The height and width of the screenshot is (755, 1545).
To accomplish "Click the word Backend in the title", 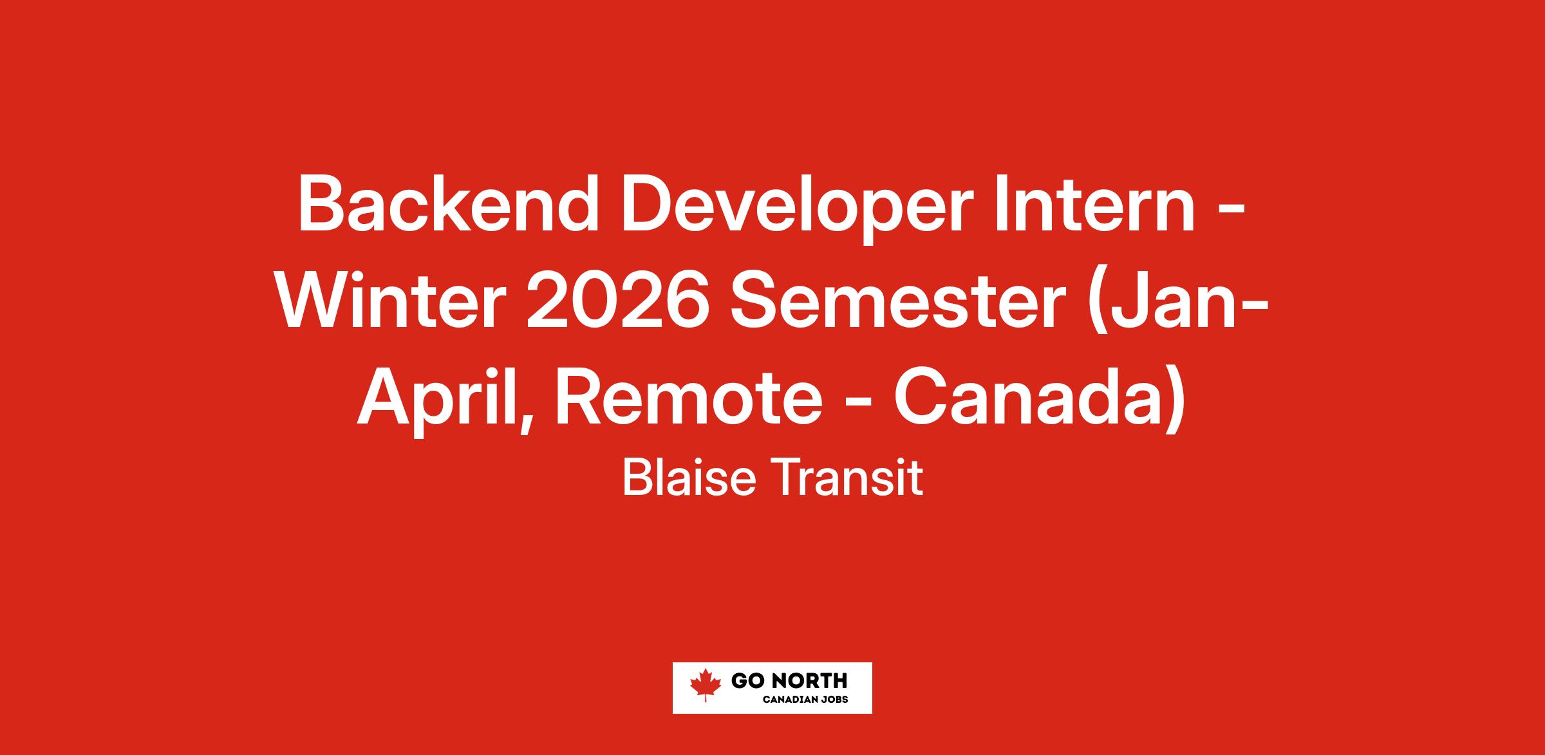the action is pos(448,205).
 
